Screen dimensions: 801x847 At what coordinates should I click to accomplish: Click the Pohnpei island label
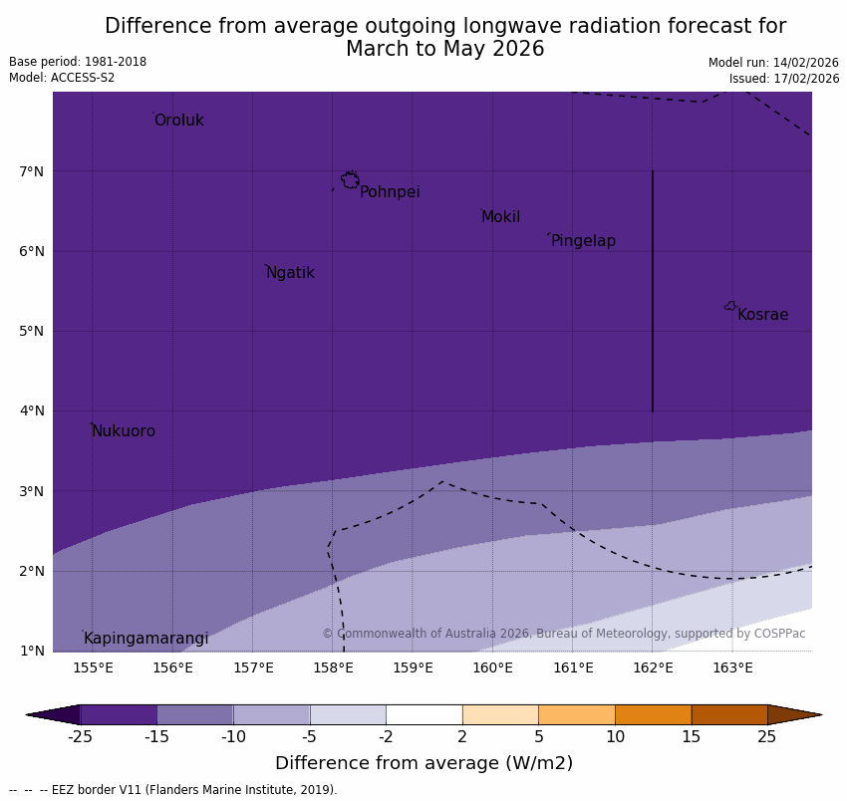390,192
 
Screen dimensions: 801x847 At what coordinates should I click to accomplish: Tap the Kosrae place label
762,315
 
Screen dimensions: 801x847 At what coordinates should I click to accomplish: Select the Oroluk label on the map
178,121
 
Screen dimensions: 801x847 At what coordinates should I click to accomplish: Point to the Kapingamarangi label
145,639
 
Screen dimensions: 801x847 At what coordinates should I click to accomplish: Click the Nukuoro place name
124,431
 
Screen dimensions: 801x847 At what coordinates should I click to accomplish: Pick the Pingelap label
583,241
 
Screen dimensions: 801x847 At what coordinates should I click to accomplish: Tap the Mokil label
500,217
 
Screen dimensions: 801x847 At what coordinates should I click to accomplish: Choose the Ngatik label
290,273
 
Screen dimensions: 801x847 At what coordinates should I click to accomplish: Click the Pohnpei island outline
350,180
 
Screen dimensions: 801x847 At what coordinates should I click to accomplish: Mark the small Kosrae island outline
730,306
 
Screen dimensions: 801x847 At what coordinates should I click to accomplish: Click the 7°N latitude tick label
32,171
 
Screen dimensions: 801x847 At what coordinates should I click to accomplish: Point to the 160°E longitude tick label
492,667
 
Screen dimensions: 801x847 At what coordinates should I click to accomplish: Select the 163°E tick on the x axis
732,667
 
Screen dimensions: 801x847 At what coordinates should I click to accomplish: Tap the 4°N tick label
32,410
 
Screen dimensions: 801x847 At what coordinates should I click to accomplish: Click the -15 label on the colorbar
156,737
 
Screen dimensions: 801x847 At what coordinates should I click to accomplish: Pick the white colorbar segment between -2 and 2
423,714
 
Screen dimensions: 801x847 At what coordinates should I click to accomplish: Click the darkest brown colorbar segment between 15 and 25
729,714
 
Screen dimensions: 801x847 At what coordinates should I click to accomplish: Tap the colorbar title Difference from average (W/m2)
423,763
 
